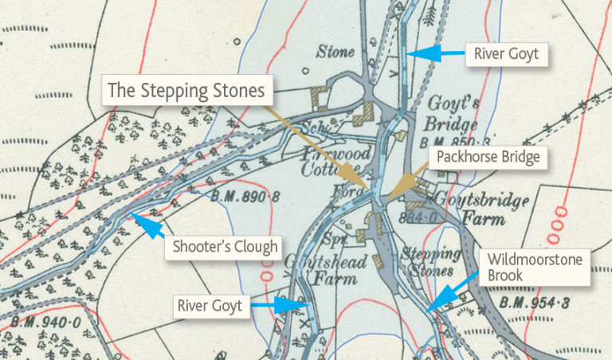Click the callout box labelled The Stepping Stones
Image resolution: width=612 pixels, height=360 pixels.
click(186, 91)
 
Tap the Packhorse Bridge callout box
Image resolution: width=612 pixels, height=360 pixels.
click(488, 158)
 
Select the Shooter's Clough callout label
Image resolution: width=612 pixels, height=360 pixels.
click(226, 246)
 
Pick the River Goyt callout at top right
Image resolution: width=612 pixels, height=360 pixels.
click(506, 54)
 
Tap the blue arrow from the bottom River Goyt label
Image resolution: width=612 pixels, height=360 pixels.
click(288, 304)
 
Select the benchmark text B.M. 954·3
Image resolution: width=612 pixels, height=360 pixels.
click(535, 304)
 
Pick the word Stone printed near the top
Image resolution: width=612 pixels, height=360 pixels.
click(335, 53)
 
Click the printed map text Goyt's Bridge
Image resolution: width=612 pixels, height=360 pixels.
click(451, 114)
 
